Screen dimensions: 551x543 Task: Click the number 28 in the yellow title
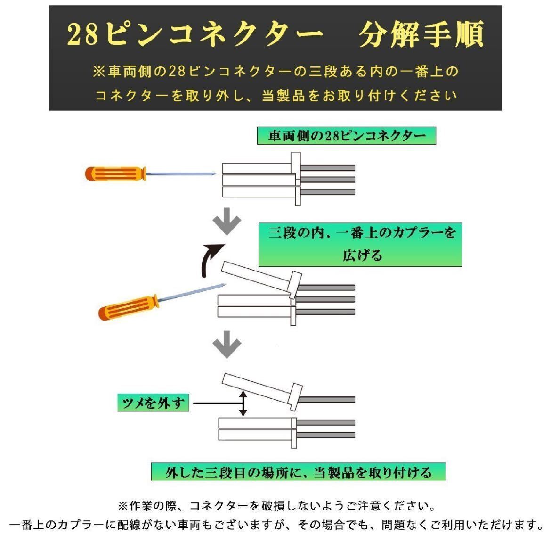[x=82, y=34]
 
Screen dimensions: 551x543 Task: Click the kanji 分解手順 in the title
[x=421, y=34]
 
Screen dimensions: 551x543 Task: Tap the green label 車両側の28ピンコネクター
[x=347, y=136]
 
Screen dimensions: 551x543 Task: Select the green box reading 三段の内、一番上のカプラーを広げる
[x=360, y=245]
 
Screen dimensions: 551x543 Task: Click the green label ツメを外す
[x=153, y=403]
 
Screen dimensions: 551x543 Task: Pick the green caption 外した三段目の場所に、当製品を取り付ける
[x=298, y=472]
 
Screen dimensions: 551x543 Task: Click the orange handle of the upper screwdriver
[x=115, y=174]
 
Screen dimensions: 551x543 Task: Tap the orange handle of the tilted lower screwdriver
[x=128, y=308]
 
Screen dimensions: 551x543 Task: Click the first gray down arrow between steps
[x=227, y=221]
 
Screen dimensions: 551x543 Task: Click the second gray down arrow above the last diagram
[x=227, y=344]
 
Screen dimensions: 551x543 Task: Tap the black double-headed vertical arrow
[x=243, y=403]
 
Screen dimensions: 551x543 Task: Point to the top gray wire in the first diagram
[x=327, y=168]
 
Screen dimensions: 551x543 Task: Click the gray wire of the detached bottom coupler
[x=326, y=400]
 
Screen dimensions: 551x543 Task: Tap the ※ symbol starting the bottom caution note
[x=123, y=506]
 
